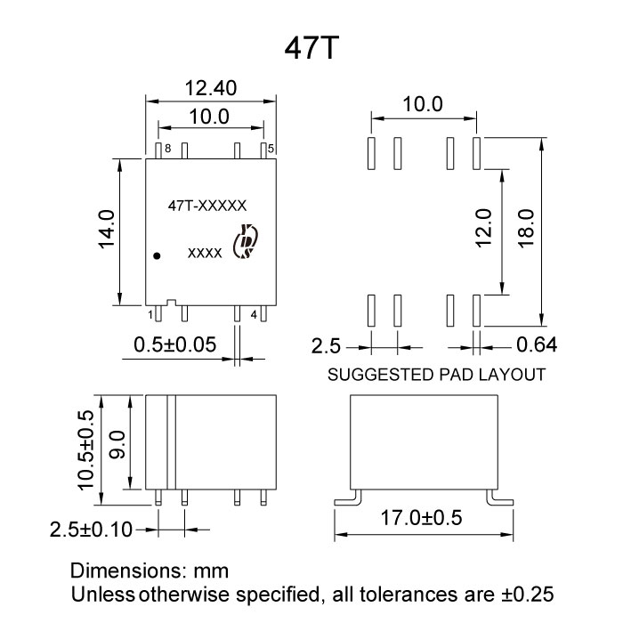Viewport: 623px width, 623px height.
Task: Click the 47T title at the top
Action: (311, 48)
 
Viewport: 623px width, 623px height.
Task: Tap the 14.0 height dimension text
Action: (107, 231)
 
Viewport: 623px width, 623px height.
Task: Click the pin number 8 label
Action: (167, 149)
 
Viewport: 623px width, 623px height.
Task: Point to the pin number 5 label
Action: (271, 148)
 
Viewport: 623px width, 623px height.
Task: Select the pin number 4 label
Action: (254, 314)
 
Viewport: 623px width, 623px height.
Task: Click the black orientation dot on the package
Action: (158, 255)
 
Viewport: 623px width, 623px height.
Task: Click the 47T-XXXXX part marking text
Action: (207, 206)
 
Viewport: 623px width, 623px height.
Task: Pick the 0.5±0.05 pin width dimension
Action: (174, 344)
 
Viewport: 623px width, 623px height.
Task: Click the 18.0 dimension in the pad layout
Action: (524, 231)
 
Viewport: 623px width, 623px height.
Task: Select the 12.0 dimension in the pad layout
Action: (483, 231)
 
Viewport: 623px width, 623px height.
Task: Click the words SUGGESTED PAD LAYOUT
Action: (435, 375)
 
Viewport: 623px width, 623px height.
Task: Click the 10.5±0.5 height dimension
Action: (85, 447)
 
